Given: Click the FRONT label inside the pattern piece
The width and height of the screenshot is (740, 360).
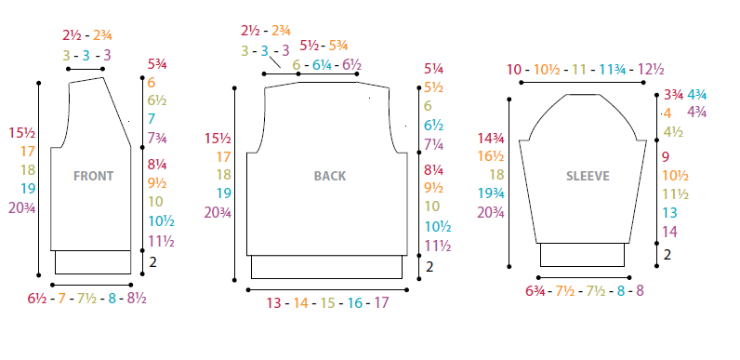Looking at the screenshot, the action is coord(94,176).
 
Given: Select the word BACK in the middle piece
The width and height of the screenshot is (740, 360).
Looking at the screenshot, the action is coord(330,176).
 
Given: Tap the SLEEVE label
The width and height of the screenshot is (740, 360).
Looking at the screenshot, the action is coord(588,176).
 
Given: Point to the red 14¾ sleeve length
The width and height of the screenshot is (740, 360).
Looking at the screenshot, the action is coord(491,139).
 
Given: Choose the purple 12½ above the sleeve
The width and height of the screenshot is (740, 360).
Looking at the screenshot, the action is coord(651,70).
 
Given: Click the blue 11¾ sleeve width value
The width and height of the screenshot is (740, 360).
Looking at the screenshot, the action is coord(613,70).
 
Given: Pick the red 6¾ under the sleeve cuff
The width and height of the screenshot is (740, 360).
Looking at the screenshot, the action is coord(535,290).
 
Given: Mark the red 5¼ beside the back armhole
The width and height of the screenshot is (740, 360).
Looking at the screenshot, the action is coord(434,70).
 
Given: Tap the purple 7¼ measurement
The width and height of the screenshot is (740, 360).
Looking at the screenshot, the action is coord(434,145).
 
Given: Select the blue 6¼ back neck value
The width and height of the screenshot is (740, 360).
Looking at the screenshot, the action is coord(322,65).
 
